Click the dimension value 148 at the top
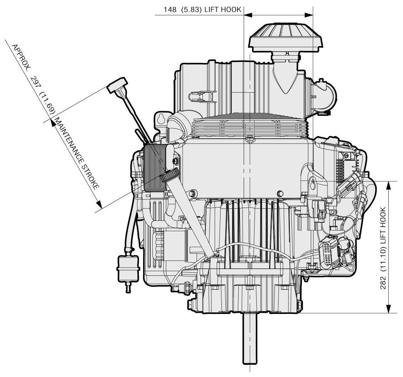170,10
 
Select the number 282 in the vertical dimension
383,283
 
